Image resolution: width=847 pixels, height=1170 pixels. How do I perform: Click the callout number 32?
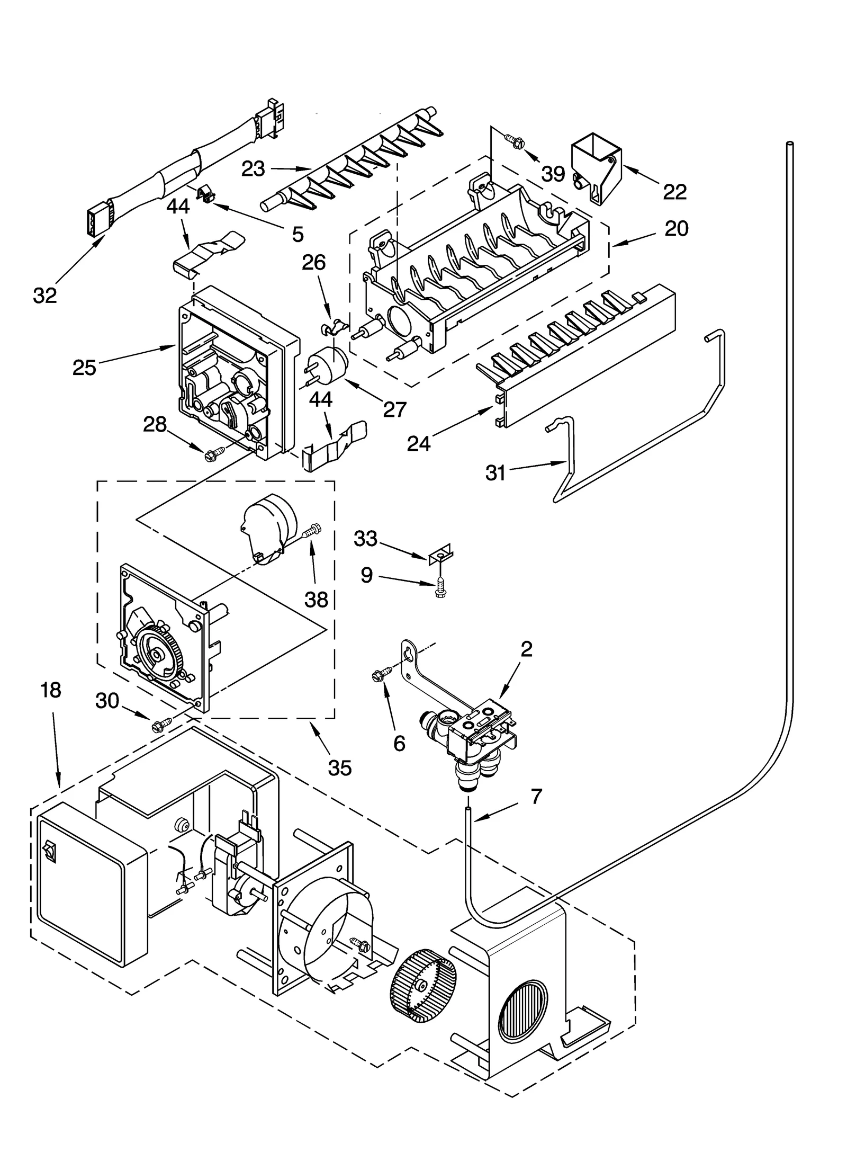44,296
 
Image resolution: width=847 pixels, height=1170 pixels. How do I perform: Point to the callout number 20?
676,229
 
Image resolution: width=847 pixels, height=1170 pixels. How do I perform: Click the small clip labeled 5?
205,194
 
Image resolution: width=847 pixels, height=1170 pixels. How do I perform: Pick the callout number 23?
253,169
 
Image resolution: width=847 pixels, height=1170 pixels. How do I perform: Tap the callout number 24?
419,444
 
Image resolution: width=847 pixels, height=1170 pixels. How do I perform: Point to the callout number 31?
495,473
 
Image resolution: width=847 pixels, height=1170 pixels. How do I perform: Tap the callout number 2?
526,649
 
